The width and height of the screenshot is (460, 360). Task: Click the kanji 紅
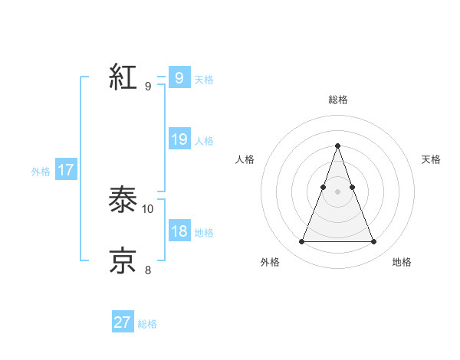(x=123, y=77)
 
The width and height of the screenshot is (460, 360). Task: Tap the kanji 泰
(x=123, y=201)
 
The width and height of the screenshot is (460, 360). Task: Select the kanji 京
(x=123, y=260)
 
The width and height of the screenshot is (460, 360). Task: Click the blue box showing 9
(x=179, y=78)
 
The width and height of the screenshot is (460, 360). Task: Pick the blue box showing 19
(x=179, y=139)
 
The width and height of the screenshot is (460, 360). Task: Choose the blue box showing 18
(x=179, y=231)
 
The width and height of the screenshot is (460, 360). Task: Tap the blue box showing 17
(x=66, y=170)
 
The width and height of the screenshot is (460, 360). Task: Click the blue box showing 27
(x=123, y=322)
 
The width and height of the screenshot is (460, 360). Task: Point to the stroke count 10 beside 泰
(x=148, y=208)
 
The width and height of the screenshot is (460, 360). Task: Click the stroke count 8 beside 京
(x=148, y=269)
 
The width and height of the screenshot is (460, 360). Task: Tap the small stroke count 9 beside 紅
(x=148, y=86)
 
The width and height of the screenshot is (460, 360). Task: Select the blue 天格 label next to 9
(x=204, y=79)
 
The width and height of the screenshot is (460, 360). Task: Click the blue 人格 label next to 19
(x=204, y=140)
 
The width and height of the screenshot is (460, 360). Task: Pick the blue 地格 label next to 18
(x=204, y=232)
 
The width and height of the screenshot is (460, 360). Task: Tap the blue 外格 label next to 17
(x=41, y=172)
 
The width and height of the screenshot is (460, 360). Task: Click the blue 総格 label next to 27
(x=147, y=324)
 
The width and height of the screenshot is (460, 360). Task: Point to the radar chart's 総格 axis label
(x=337, y=100)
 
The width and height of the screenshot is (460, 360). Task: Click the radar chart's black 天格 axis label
(x=432, y=159)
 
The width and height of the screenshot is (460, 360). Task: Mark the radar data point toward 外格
(x=301, y=242)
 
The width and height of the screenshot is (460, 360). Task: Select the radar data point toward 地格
(x=373, y=242)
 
